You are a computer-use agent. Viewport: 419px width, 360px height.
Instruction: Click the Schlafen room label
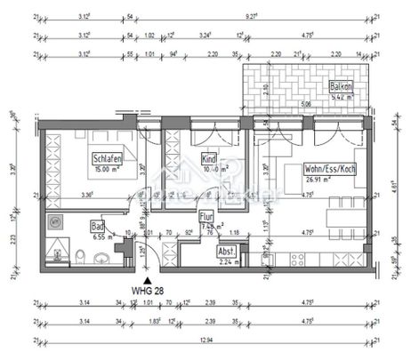(106, 157)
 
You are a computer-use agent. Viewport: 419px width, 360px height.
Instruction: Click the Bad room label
(98, 227)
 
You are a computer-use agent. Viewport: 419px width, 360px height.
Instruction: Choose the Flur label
(205, 214)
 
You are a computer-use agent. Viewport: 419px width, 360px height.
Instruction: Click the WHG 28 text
(149, 290)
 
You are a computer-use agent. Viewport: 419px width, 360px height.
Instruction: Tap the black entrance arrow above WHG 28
(147, 277)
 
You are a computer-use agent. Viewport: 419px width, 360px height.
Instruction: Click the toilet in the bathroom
(81, 258)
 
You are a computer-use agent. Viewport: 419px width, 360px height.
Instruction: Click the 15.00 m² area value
(106, 168)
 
